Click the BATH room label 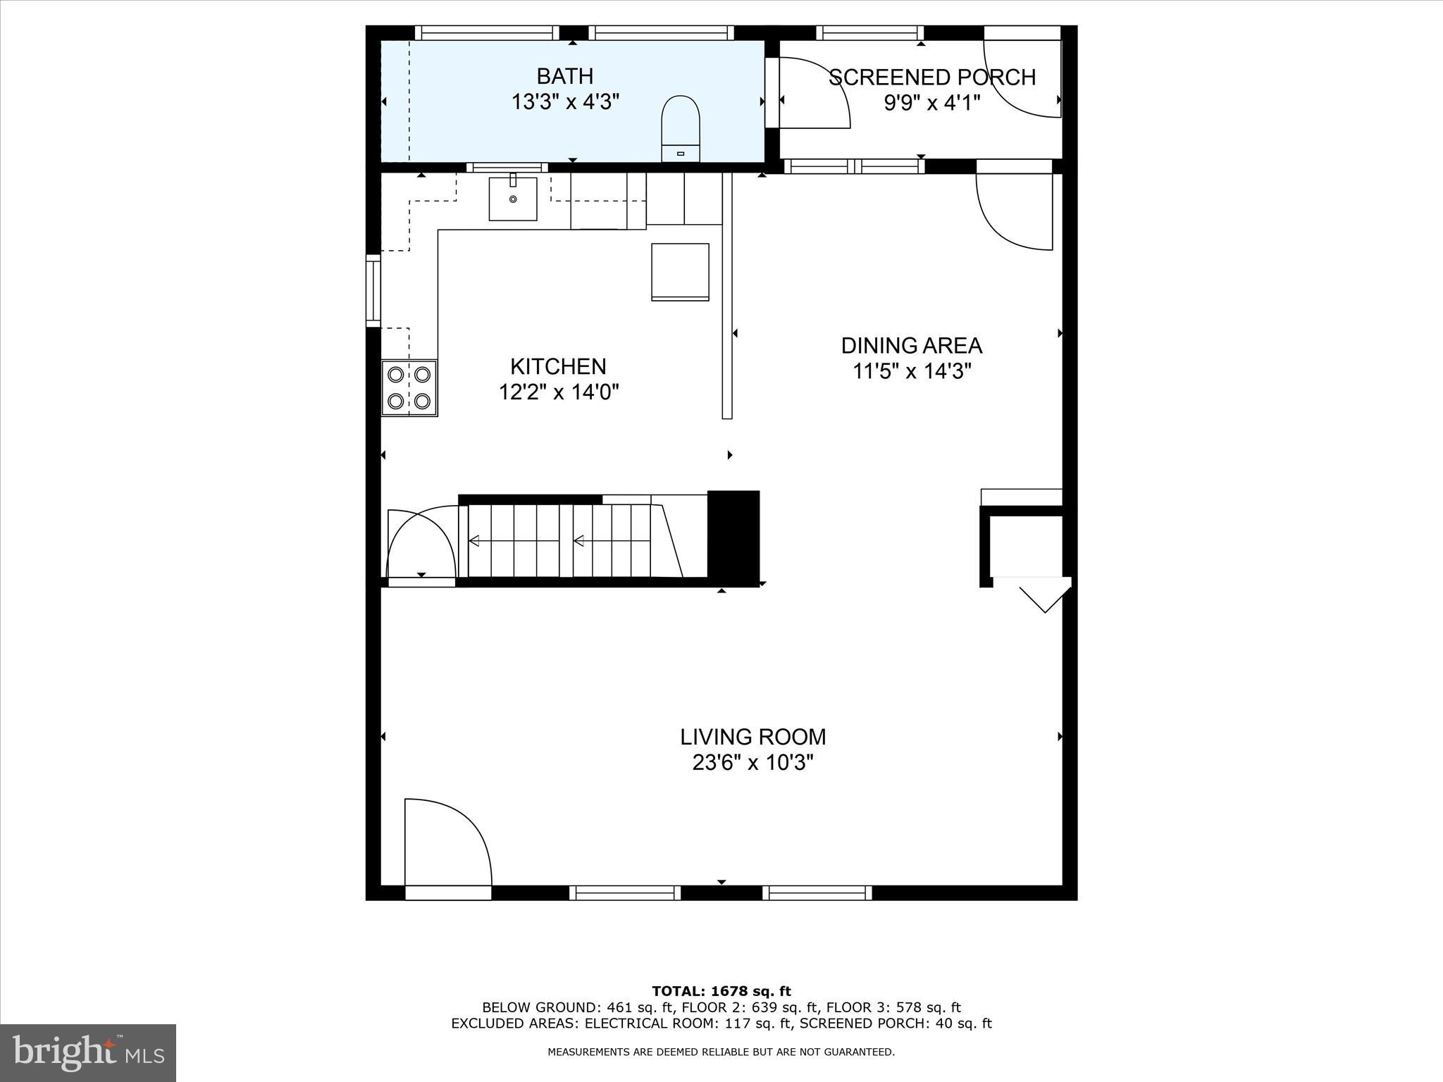564,76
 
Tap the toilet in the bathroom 681,128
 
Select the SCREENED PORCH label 931,77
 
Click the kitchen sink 513,199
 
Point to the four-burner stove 409,387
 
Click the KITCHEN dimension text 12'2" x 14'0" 559,392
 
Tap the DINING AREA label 911,346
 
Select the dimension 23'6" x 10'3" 753,763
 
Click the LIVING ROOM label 753,737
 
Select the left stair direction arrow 474,541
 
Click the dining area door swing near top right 1012,211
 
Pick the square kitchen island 680,272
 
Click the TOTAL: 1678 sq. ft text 721,992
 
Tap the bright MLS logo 88,1053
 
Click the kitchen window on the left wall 373,290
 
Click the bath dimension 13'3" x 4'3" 564,102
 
